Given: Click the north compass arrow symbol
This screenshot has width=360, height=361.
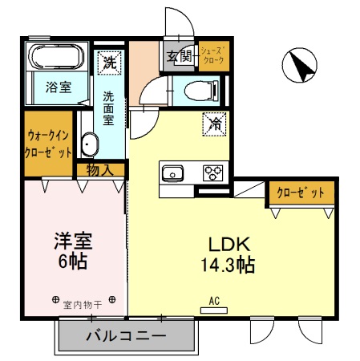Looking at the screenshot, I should tap(299, 65).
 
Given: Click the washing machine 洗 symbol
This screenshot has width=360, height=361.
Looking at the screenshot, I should tap(109, 61).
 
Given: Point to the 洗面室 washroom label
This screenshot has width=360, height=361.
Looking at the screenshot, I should tap(107, 107).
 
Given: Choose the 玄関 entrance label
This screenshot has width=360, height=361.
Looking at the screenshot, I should tap(180, 57).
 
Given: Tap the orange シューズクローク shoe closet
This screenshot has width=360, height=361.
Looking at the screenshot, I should tap(213, 56).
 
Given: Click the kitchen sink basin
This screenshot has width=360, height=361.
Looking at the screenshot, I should tap(173, 172).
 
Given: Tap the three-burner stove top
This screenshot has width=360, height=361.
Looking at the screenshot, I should tap(212, 172).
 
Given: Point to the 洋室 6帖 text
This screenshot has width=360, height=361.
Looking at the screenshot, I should tap(71, 250).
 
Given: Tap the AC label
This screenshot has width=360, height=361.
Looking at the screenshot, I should tap(214, 301).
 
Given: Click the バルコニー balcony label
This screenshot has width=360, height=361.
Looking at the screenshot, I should tap(126, 335).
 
